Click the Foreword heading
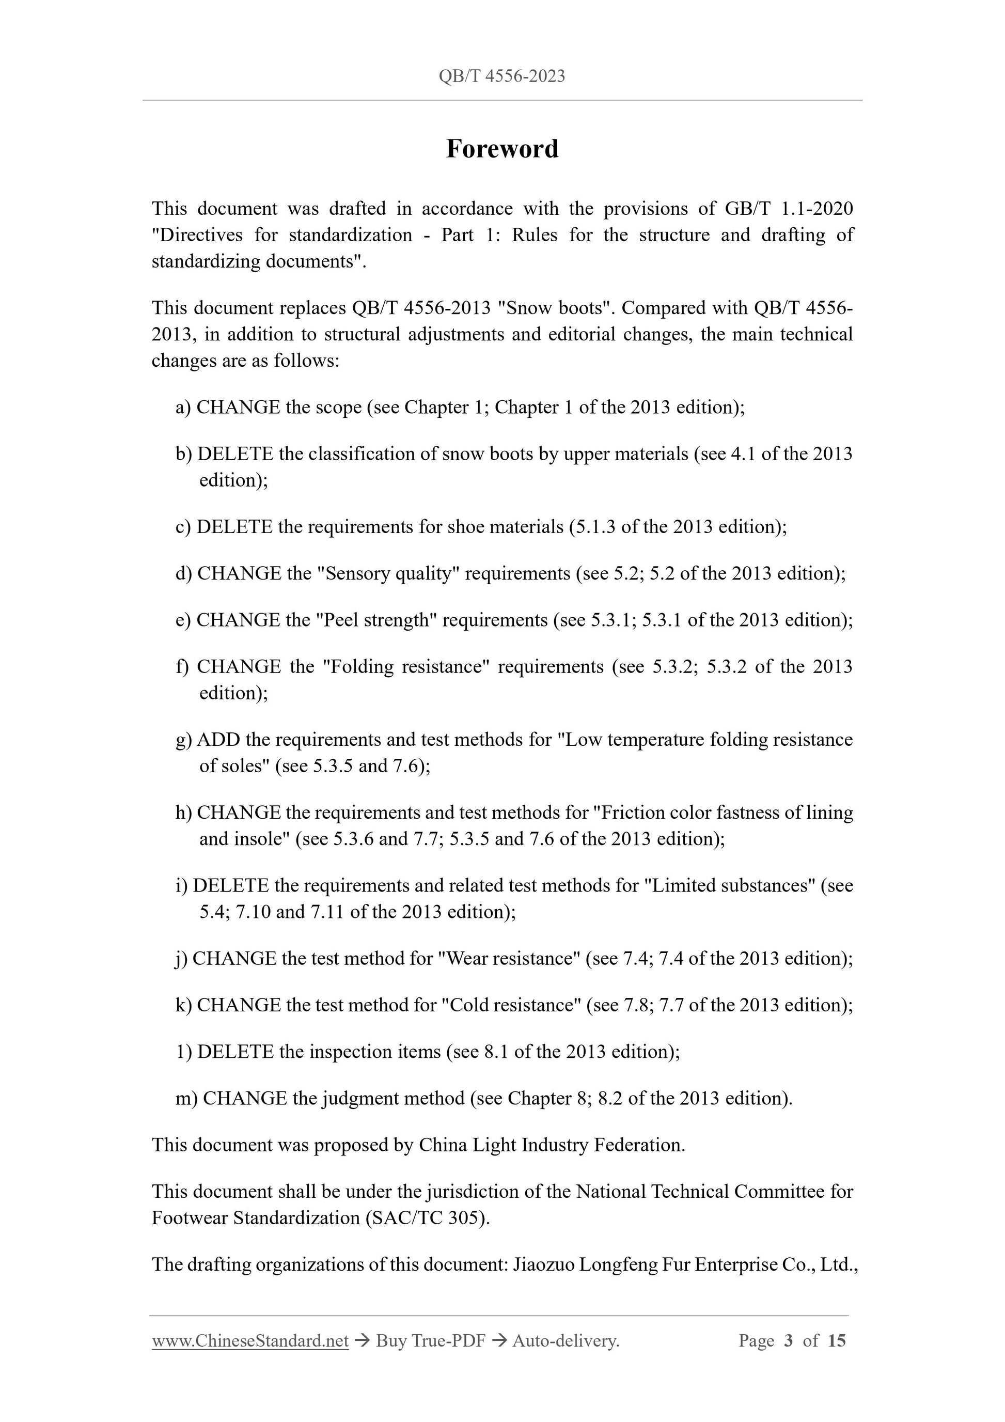point(502,149)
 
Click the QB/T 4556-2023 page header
point(501,76)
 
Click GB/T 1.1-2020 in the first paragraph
point(788,209)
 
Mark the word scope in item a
point(338,408)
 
